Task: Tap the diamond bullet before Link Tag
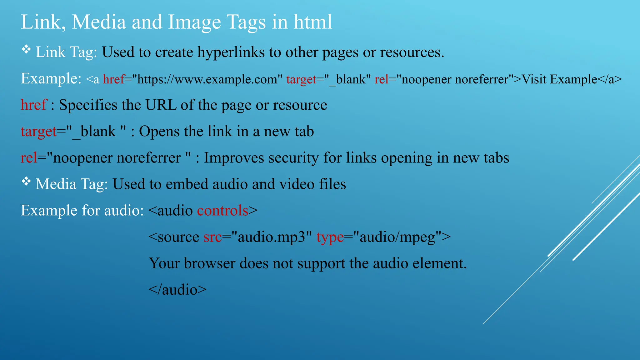pyautogui.click(x=26, y=49)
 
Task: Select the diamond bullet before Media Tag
pyautogui.click(x=26, y=181)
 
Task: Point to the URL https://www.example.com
pyautogui.click(x=207, y=79)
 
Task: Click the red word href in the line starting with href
pyautogui.click(x=34, y=105)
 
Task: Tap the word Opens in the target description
pyautogui.click(x=159, y=131)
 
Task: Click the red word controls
pyautogui.click(x=222, y=210)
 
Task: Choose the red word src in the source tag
pyautogui.click(x=212, y=237)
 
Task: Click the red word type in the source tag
pyautogui.click(x=330, y=237)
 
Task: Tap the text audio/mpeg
pyautogui.click(x=397, y=237)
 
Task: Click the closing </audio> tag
pyautogui.click(x=177, y=290)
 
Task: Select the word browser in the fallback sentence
pyautogui.click(x=209, y=263)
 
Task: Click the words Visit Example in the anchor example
pyautogui.click(x=559, y=79)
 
